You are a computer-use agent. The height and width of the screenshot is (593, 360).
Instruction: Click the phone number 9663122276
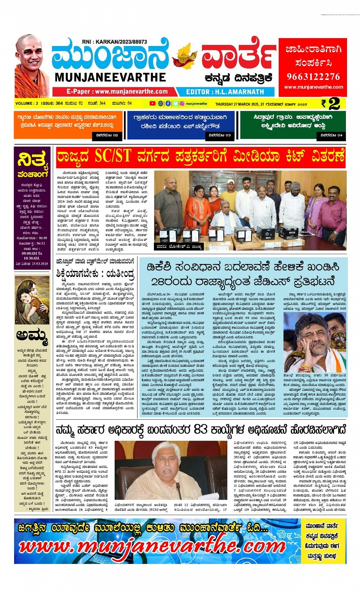(x=313, y=77)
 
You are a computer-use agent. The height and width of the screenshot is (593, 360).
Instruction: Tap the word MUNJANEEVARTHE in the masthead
(x=110, y=77)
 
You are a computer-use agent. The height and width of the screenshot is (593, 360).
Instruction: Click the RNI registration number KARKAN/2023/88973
(x=114, y=42)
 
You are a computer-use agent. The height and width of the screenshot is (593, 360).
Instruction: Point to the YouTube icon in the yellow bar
(x=152, y=103)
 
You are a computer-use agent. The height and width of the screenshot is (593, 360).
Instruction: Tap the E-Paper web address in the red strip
(x=117, y=91)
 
